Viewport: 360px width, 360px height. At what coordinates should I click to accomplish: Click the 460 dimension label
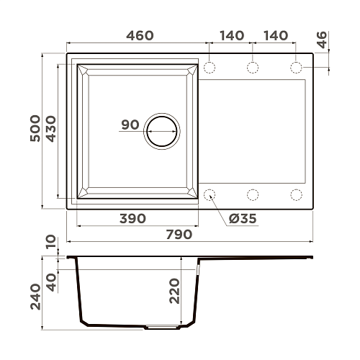tap(140, 35)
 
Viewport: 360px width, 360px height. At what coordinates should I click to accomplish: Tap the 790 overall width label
tap(179, 234)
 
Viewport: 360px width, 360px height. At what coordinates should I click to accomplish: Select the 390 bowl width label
tap(132, 219)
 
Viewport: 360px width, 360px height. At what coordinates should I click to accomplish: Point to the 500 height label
tap(35, 128)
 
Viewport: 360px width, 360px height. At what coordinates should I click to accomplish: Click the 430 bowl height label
tap(51, 129)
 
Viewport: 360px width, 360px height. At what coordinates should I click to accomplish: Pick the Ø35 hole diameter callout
tap(243, 219)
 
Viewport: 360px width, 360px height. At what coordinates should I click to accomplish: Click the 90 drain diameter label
tap(130, 125)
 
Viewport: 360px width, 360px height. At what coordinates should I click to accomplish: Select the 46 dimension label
tap(322, 40)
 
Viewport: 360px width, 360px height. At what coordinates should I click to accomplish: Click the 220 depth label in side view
tap(174, 291)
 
